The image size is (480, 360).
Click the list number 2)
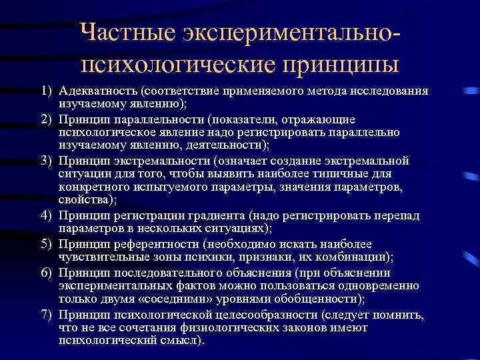tap(45, 119)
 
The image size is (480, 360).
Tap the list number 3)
tap(45, 160)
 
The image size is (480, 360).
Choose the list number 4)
tap(45, 215)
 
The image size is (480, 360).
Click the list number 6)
tap(45, 272)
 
